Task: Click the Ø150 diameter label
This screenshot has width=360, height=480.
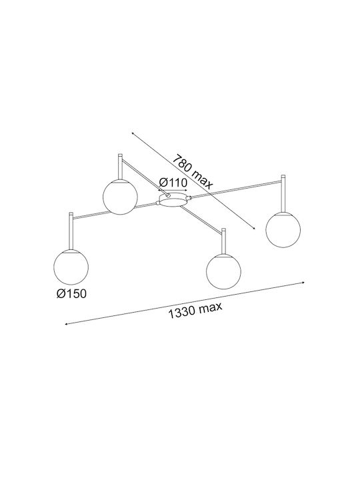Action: tap(71, 294)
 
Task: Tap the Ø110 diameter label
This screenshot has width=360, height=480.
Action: tap(173, 183)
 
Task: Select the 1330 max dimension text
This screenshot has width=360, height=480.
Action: tap(195, 311)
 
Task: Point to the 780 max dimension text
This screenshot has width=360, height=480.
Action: tap(192, 172)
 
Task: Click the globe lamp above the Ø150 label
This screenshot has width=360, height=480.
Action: tap(71, 267)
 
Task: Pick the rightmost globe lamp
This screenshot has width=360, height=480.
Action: tap(283, 229)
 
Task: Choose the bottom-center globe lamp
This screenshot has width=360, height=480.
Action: tap(224, 271)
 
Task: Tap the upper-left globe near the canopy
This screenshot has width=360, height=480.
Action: tap(120, 197)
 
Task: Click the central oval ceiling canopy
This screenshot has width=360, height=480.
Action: tap(173, 199)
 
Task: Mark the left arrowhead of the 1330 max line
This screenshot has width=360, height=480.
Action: tap(67, 324)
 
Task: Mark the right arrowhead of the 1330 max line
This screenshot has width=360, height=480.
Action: tap(303, 282)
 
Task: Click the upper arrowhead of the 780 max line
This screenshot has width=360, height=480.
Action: tap(133, 133)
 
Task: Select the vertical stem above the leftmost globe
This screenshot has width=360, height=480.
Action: tap(71, 231)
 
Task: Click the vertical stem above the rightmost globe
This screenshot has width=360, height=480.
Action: tap(283, 194)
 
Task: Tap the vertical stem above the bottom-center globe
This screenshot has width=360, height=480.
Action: tap(224, 241)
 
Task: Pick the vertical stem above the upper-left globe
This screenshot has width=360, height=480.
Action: tap(120, 167)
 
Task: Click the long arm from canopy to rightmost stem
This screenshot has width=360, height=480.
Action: tap(236, 189)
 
